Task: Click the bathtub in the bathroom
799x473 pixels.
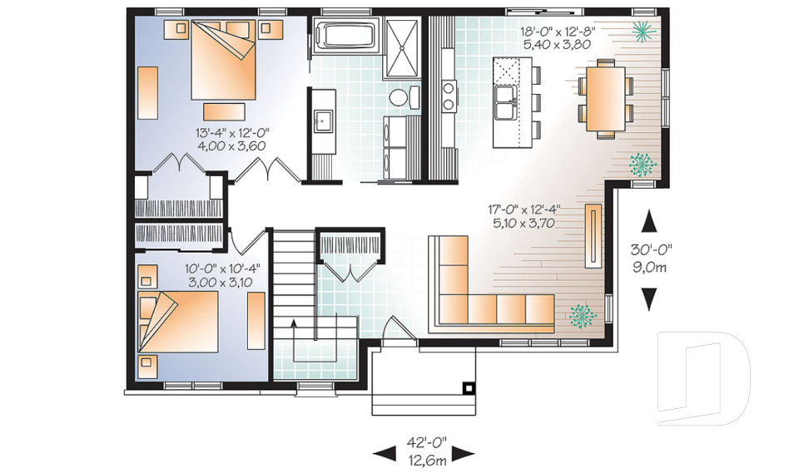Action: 346,36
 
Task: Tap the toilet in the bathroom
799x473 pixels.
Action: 404,96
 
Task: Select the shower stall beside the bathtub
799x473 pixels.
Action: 402,48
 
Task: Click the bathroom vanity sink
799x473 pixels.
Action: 323,121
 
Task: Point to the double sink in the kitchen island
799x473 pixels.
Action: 506,103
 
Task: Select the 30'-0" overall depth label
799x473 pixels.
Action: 651,249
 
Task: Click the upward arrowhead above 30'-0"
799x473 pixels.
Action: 648,221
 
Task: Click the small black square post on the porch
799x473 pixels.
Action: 469,388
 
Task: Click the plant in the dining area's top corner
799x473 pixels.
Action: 643,31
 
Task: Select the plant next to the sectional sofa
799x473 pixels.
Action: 583,316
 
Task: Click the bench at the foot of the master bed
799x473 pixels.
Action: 224,111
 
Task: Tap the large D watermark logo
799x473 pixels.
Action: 704,378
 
